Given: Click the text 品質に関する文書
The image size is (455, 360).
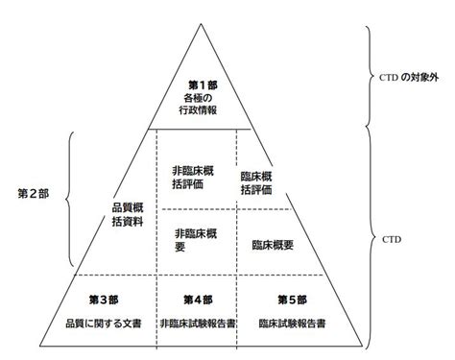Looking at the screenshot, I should click(104, 324).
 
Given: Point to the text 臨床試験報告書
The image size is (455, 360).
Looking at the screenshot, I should click(292, 324).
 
